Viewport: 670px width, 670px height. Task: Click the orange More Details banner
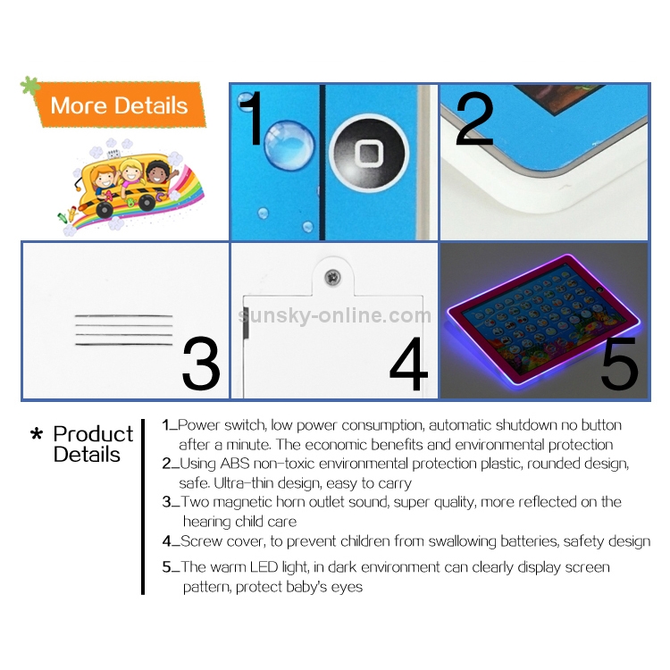tap(120, 105)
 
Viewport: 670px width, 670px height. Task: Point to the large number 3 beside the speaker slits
tap(201, 363)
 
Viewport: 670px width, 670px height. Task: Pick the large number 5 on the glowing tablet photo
tap(619, 363)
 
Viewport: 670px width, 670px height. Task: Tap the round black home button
tap(369, 154)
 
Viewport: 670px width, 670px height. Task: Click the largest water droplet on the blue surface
tap(289, 145)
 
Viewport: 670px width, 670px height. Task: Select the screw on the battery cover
tap(332, 277)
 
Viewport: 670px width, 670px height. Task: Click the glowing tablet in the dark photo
tap(543, 319)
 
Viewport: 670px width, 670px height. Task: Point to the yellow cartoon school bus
tap(128, 186)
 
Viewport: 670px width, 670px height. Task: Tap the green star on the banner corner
tap(30, 86)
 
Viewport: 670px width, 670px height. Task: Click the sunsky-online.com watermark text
tap(335, 315)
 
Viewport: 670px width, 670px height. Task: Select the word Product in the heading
tap(93, 434)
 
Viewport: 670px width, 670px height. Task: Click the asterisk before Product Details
tap(37, 434)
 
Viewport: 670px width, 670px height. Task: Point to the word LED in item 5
tap(264, 567)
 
